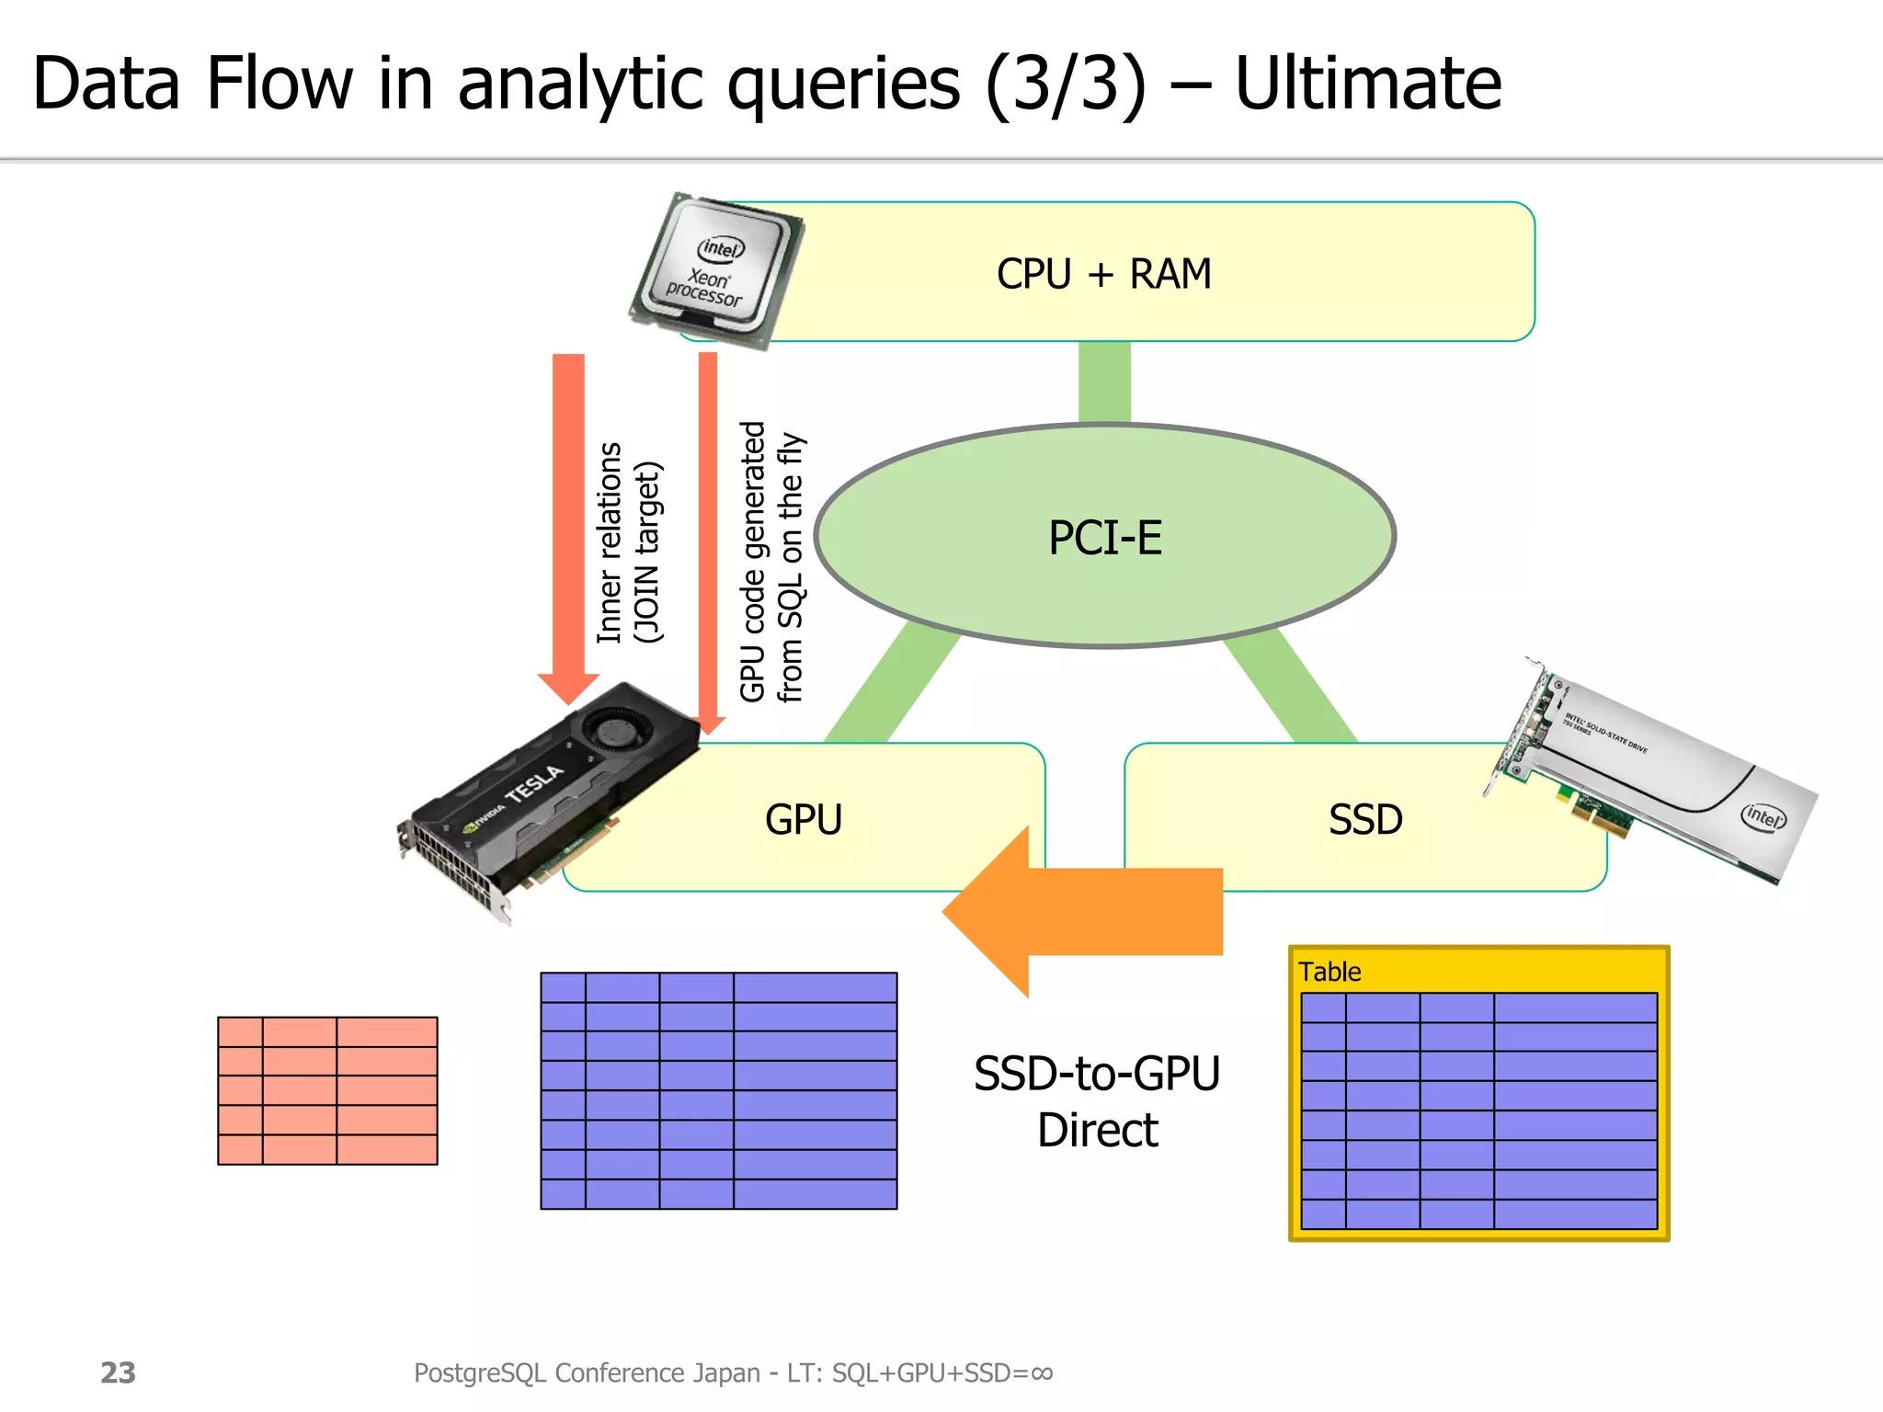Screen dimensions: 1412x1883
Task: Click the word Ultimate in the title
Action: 1367,85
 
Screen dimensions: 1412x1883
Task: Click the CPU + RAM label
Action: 1103,274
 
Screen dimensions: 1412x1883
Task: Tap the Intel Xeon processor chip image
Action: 716,271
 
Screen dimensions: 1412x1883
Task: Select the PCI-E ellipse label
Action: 1105,538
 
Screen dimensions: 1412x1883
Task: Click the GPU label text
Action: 804,819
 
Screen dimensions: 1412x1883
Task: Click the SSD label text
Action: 1365,819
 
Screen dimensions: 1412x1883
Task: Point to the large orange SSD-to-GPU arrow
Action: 1085,911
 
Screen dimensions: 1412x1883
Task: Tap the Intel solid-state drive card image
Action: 1655,772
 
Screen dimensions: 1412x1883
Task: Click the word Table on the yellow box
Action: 1330,972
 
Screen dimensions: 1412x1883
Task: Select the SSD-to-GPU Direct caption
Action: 1097,1101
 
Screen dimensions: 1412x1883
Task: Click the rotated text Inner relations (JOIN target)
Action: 629,542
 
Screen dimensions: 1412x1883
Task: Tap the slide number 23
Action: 118,1372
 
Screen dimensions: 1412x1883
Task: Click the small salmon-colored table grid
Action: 327,1090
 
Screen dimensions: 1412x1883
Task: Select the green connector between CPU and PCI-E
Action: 1104,381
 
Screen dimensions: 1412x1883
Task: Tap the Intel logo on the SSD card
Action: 1763,816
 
